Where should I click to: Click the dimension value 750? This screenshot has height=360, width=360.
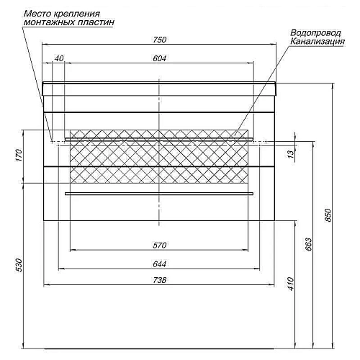click(x=160, y=40)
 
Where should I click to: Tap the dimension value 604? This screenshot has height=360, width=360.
click(x=160, y=58)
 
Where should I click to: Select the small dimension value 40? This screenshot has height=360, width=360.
click(x=59, y=58)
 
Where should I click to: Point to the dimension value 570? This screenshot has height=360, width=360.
click(x=160, y=246)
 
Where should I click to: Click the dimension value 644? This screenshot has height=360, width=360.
click(x=160, y=264)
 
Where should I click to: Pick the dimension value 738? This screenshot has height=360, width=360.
click(x=160, y=280)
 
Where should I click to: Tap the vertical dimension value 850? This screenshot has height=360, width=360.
click(x=328, y=215)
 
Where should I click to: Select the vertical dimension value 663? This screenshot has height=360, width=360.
click(x=309, y=244)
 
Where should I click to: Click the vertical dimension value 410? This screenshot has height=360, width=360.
click(x=291, y=284)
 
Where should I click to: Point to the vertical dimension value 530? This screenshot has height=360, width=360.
click(x=19, y=265)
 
